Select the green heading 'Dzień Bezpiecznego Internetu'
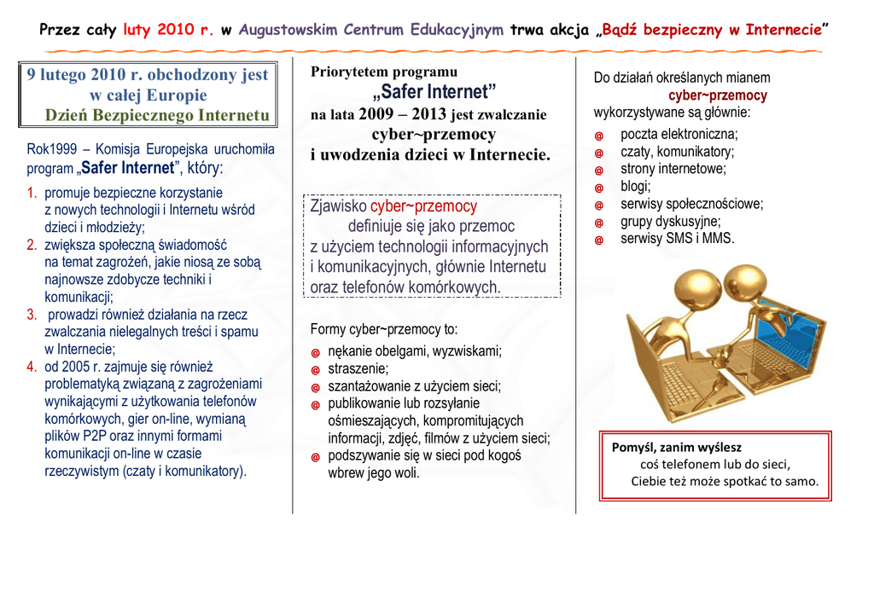click(x=157, y=115)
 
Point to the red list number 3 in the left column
click(x=32, y=315)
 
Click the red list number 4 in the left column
click(x=32, y=367)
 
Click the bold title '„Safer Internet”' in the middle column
click(x=434, y=92)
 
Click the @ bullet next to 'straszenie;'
click(x=315, y=370)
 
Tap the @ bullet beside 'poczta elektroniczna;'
click(x=599, y=136)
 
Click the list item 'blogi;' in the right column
click(x=636, y=187)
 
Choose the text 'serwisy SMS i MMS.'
click(x=677, y=239)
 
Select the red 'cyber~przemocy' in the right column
click(x=717, y=96)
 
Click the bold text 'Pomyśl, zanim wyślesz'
click(x=677, y=447)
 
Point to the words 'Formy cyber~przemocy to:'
click(x=384, y=329)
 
